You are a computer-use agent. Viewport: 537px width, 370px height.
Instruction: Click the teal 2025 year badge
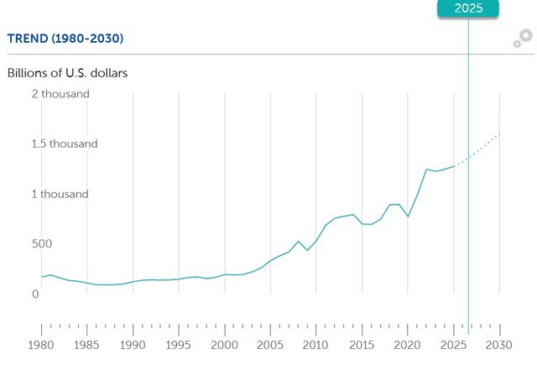tap(468, 9)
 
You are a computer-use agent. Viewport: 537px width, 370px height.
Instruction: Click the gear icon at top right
tap(524, 38)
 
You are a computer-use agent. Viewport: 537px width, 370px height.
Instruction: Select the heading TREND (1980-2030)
tap(65, 39)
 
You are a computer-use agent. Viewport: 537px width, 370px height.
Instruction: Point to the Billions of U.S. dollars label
tap(67, 73)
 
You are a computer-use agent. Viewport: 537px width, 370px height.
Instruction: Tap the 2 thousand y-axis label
tap(60, 94)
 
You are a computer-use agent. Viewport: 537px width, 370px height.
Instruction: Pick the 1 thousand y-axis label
tap(60, 194)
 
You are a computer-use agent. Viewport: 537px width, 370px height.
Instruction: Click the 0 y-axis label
tap(36, 294)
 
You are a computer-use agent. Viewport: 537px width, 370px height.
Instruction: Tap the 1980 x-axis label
tap(41, 345)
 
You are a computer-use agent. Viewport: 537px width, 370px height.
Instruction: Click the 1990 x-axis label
tap(133, 345)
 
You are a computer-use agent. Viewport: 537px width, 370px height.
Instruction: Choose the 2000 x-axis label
tap(224, 345)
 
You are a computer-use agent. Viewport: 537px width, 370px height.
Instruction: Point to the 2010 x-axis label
tap(316, 345)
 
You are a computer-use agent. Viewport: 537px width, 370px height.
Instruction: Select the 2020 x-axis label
tap(408, 345)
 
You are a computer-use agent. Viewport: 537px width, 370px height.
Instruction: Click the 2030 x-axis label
tap(499, 345)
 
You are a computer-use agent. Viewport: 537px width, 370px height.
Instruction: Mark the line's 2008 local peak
tap(298, 241)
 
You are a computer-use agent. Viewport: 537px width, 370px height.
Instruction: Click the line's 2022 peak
tap(426, 169)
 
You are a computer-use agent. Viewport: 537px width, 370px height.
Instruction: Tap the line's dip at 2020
tap(408, 216)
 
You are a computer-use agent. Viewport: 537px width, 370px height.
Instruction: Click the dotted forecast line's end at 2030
tap(499, 133)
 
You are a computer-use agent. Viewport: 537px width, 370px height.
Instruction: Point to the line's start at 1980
tap(41, 277)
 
